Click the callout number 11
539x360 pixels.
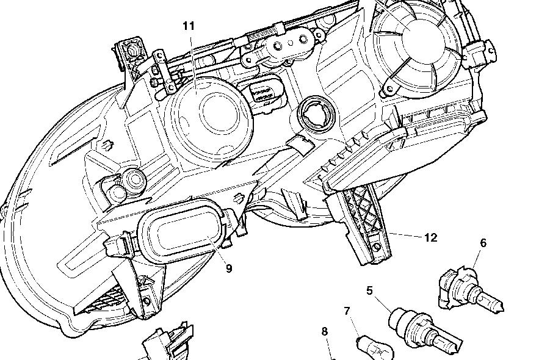[189, 26]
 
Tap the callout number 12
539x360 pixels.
[431, 237]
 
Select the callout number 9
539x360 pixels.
[229, 268]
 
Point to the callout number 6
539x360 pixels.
[483, 243]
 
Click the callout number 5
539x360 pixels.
[369, 290]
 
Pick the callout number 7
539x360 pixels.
[347, 311]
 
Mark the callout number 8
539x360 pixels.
[325, 331]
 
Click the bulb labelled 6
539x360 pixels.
[470, 293]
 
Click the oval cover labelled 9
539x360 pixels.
[181, 230]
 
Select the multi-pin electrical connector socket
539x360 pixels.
[264, 92]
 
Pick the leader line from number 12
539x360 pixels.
[406, 235]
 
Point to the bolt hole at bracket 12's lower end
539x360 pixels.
[377, 247]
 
